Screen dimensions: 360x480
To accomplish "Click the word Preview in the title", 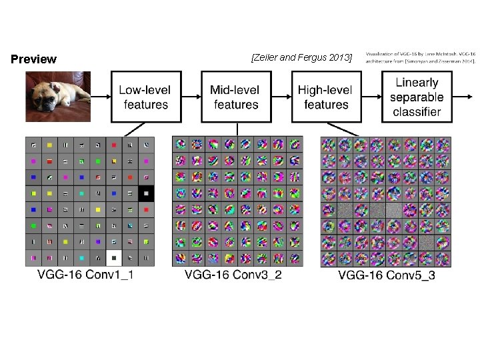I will point(34,59).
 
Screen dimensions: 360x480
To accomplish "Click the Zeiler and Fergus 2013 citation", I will point(301,58).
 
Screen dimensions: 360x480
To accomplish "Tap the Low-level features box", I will point(146,97).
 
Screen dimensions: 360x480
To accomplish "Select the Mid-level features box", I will point(236,97).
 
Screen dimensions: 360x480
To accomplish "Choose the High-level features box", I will point(325,97).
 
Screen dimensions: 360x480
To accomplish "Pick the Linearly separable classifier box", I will point(417,97).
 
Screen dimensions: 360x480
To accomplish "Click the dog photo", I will point(59,96).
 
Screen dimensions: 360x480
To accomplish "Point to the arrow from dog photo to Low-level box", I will point(101,97).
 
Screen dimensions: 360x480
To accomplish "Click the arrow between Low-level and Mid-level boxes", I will point(191,97).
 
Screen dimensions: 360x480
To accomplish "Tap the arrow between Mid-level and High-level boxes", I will point(281,97).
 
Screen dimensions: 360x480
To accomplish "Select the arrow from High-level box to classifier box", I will point(371,97).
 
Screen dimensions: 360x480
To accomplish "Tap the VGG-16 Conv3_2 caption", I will point(233,274).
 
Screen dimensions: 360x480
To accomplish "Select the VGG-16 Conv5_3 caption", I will point(387,275).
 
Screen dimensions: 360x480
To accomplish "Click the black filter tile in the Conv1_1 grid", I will point(146,193).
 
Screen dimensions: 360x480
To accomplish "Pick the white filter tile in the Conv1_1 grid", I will point(113,257).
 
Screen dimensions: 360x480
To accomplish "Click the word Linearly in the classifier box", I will point(417,83).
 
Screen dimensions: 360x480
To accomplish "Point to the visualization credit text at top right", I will point(420,57).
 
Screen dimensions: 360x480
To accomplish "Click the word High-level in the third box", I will point(325,89).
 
